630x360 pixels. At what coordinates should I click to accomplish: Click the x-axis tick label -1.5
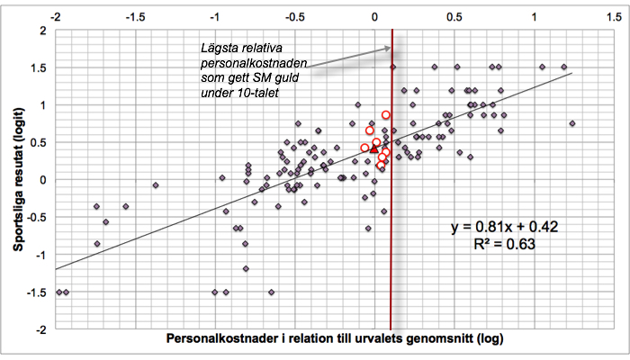pos(136,17)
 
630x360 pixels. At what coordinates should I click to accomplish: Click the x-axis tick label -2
pos(57,17)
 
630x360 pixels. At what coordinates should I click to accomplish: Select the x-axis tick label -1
pos(215,17)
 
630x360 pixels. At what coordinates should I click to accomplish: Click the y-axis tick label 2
pos(42,31)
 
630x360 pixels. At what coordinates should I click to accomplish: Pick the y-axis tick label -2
pos(40,329)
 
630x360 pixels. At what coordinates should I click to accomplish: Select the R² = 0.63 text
pos(505,243)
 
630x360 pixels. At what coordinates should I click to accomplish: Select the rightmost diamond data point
pos(572,123)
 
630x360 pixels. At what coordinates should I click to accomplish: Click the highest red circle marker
pos(386,115)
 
